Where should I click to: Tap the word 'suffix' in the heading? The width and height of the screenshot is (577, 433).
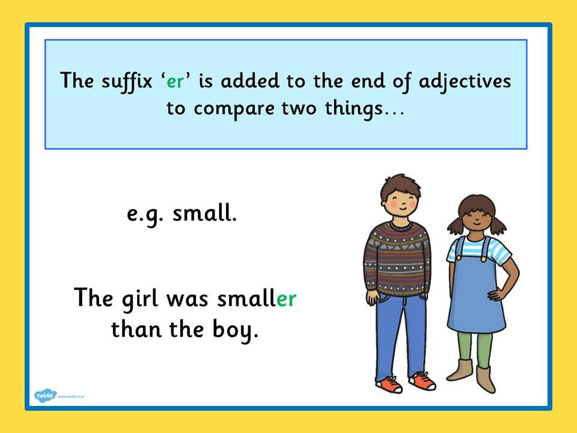tap(127, 81)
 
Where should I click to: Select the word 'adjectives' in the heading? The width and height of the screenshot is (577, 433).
tap(465, 82)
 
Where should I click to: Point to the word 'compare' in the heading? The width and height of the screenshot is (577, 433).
tap(234, 109)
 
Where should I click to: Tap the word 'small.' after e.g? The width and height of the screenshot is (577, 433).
tap(204, 213)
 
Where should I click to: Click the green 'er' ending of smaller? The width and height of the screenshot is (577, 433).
tap(286, 299)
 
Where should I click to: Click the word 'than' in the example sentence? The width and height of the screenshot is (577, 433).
tap(136, 328)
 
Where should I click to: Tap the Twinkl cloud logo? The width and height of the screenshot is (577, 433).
tap(46, 396)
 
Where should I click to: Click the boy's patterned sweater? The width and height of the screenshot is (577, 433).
tap(397, 258)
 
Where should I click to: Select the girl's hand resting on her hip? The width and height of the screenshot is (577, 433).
tap(495, 295)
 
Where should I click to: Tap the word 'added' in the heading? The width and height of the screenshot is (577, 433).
tap(250, 81)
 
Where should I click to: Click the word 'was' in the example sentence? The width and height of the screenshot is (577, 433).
tap(188, 299)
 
